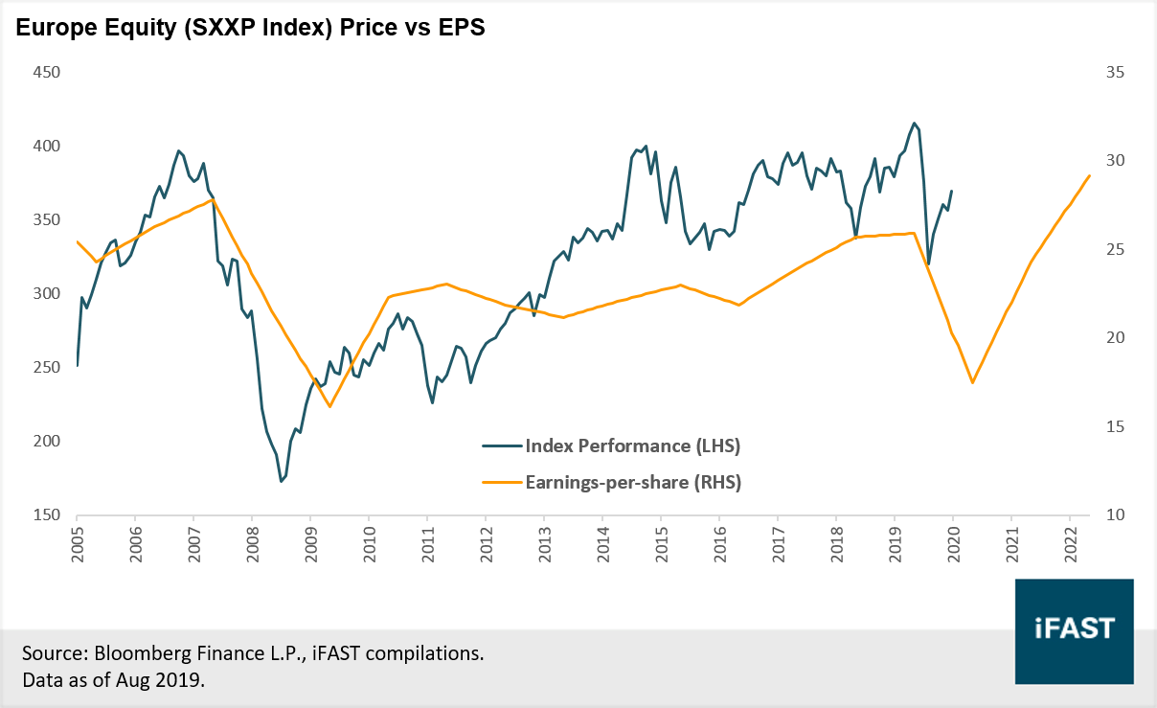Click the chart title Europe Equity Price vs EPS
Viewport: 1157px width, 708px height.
pyautogui.click(x=249, y=29)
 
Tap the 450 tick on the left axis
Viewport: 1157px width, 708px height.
pyautogui.click(x=46, y=73)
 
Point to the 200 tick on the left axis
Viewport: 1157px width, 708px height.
pyautogui.click(x=46, y=442)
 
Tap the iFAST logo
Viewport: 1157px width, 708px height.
pyautogui.click(x=1075, y=629)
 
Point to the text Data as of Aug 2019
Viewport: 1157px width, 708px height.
pyautogui.click(x=113, y=680)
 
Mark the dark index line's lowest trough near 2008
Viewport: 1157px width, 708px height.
pyautogui.click(x=281, y=481)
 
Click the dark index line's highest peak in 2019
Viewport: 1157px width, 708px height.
pyautogui.click(x=915, y=123)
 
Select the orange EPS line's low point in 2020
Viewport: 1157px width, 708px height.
pyautogui.click(x=973, y=383)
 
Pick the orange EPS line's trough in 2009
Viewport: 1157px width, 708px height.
pyautogui.click(x=329, y=407)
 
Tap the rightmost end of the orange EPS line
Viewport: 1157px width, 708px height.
pyautogui.click(x=1090, y=175)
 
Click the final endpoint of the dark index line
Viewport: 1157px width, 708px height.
pyautogui.click(x=952, y=191)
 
